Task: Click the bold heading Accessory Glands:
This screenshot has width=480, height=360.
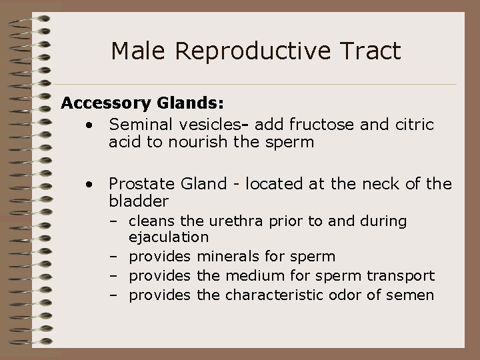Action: click(142, 103)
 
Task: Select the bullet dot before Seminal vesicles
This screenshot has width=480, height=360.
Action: click(89, 125)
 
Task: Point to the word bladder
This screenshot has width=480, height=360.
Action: click(139, 200)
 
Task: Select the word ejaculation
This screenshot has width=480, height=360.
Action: click(169, 236)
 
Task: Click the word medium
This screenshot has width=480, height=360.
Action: click(251, 275)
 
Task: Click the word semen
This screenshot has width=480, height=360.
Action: click(412, 295)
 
